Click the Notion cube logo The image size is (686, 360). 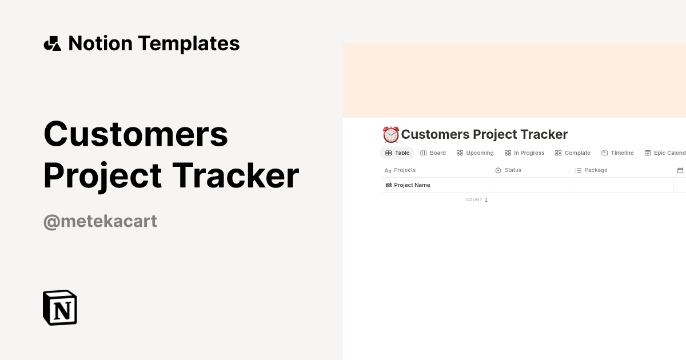(x=60, y=307)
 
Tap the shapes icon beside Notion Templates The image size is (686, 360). (x=52, y=43)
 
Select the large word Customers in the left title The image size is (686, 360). (x=136, y=134)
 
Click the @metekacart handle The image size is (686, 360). (x=100, y=221)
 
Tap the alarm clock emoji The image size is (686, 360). (x=390, y=135)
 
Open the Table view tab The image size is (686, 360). (x=397, y=153)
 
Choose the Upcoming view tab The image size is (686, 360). (x=475, y=153)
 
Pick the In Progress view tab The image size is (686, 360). (x=524, y=153)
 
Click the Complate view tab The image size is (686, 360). (x=573, y=153)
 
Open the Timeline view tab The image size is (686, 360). (x=617, y=153)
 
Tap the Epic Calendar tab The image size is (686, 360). (x=665, y=153)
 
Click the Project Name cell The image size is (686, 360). (x=412, y=185)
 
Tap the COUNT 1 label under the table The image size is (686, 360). (x=477, y=200)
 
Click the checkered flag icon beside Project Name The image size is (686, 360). (x=389, y=185)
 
